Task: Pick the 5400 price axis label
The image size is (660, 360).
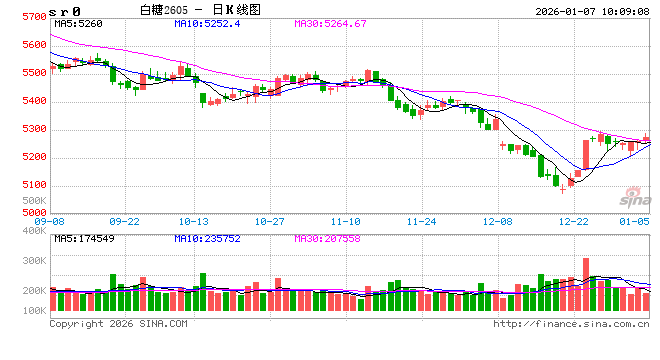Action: coord(33,101)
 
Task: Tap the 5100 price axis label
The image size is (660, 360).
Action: coord(33,185)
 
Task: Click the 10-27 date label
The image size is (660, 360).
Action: coord(270,221)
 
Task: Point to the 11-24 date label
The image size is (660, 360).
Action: coord(423,221)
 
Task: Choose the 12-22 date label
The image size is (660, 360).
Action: coord(574,221)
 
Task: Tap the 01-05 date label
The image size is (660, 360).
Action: coord(635,221)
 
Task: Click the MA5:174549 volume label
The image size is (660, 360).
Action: coord(83,238)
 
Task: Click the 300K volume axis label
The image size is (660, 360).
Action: coord(32,259)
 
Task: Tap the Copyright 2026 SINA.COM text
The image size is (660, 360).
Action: coord(118,323)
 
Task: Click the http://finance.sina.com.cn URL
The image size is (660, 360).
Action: coord(570,323)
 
